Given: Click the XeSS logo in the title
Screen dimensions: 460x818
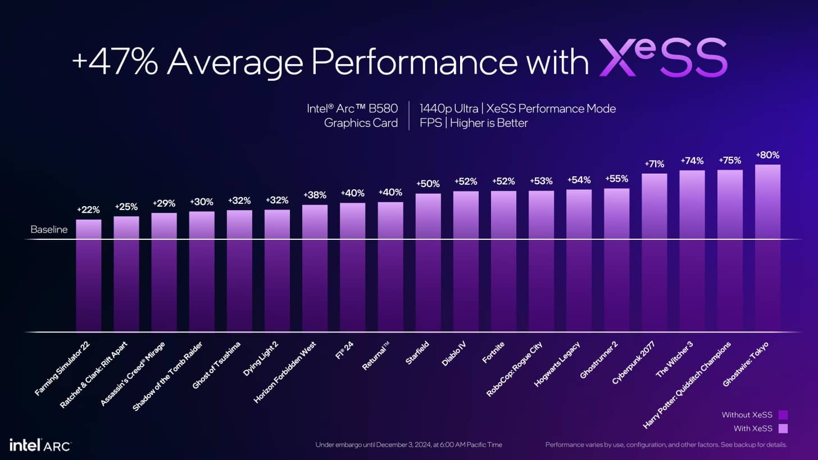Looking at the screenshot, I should [x=663, y=58].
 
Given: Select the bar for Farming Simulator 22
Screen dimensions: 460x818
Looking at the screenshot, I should [x=89, y=275].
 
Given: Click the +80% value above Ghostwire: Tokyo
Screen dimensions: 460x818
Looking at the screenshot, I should [x=767, y=155].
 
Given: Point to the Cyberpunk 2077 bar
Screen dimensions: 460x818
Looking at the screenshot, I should [x=654, y=253].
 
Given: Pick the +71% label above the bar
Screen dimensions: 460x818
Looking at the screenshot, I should [x=654, y=164].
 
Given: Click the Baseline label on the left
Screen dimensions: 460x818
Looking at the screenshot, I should [x=49, y=230].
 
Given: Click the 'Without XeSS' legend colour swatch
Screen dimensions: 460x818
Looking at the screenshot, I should [x=783, y=415].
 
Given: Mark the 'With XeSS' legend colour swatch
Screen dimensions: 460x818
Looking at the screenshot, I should [x=783, y=429].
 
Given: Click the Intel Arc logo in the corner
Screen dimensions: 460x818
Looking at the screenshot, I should [x=39, y=445].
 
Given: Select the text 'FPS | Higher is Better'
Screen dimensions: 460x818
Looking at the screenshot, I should [x=474, y=123].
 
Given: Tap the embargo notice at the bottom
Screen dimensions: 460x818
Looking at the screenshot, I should [x=408, y=445].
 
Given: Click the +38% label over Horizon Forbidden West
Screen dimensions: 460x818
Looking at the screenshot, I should [x=315, y=195].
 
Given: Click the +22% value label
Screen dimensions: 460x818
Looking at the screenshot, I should [x=89, y=209].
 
